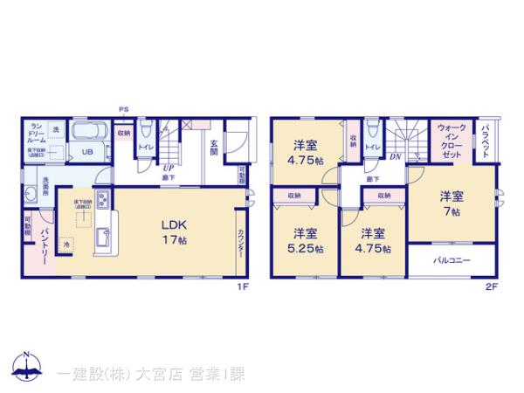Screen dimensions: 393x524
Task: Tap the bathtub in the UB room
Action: pyautogui.click(x=88, y=134)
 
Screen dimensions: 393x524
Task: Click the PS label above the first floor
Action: pyautogui.click(x=125, y=110)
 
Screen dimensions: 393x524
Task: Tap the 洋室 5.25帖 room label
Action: pyautogui.click(x=306, y=240)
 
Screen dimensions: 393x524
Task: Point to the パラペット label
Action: pyautogui.click(x=484, y=139)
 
